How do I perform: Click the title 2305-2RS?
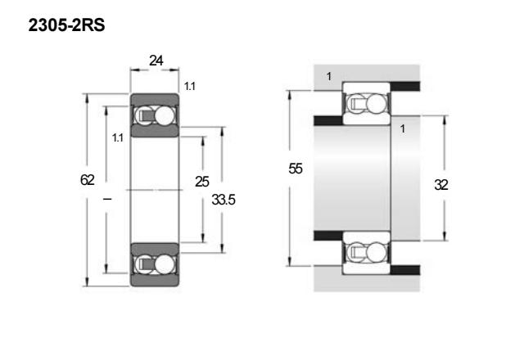(x=66, y=25)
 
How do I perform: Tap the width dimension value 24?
(x=156, y=61)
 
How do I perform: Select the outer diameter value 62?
(x=88, y=180)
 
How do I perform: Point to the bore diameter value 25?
(x=202, y=182)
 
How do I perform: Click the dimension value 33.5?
(x=224, y=200)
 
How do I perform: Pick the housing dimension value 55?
(x=296, y=169)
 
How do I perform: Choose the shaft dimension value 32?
(x=441, y=185)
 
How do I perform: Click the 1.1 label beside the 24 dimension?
(x=189, y=87)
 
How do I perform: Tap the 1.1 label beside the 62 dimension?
(x=118, y=137)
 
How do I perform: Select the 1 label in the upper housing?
(x=329, y=76)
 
